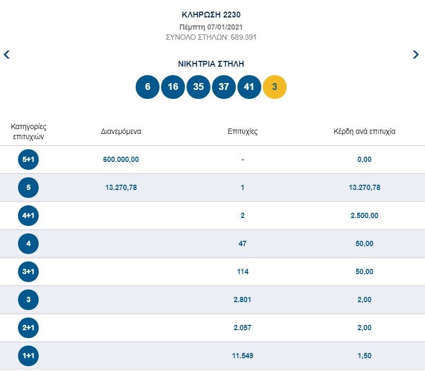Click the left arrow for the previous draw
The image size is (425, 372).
[6, 54]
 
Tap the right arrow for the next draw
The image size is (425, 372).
[415, 54]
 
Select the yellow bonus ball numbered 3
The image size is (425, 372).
[275, 87]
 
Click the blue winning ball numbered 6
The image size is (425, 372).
[147, 87]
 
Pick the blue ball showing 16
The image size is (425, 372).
[173, 87]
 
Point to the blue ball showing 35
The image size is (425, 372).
[198, 87]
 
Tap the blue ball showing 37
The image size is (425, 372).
[224, 87]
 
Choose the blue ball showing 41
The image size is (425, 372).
[249, 87]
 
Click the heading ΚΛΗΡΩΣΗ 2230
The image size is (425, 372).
[211, 15]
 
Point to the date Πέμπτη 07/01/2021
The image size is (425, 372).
[211, 27]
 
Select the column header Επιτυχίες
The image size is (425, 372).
[242, 131]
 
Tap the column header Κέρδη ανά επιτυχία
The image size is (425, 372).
[364, 131]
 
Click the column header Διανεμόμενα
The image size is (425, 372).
[121, 131]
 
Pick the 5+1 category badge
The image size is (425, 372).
[28, 159]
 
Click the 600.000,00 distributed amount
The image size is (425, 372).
[121, 159]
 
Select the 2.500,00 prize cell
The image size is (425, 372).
[364, 215]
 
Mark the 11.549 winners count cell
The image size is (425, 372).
[242, 356]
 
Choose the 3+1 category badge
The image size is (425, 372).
[28, 271]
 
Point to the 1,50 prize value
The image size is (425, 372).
[364, 356]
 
